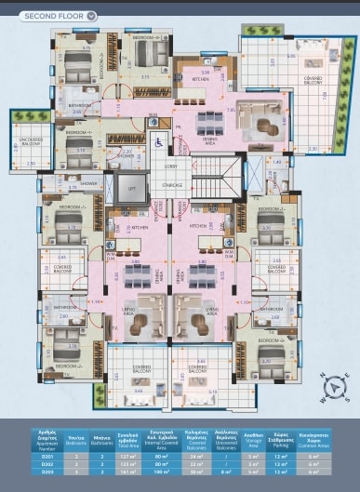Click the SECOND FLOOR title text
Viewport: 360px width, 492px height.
52,16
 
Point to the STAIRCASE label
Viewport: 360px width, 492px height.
171,185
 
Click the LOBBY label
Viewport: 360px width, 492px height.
170,166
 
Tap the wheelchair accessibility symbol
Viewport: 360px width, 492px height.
157,142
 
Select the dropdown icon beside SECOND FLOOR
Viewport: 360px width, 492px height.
90,16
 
